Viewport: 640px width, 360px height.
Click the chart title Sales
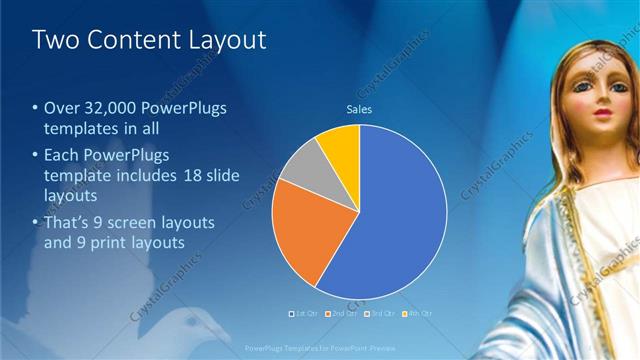click(359, 109)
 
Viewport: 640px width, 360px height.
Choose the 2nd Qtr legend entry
click(345, 314)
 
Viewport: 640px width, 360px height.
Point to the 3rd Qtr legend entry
click(383, 314)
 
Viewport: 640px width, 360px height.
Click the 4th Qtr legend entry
click(419, 314)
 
